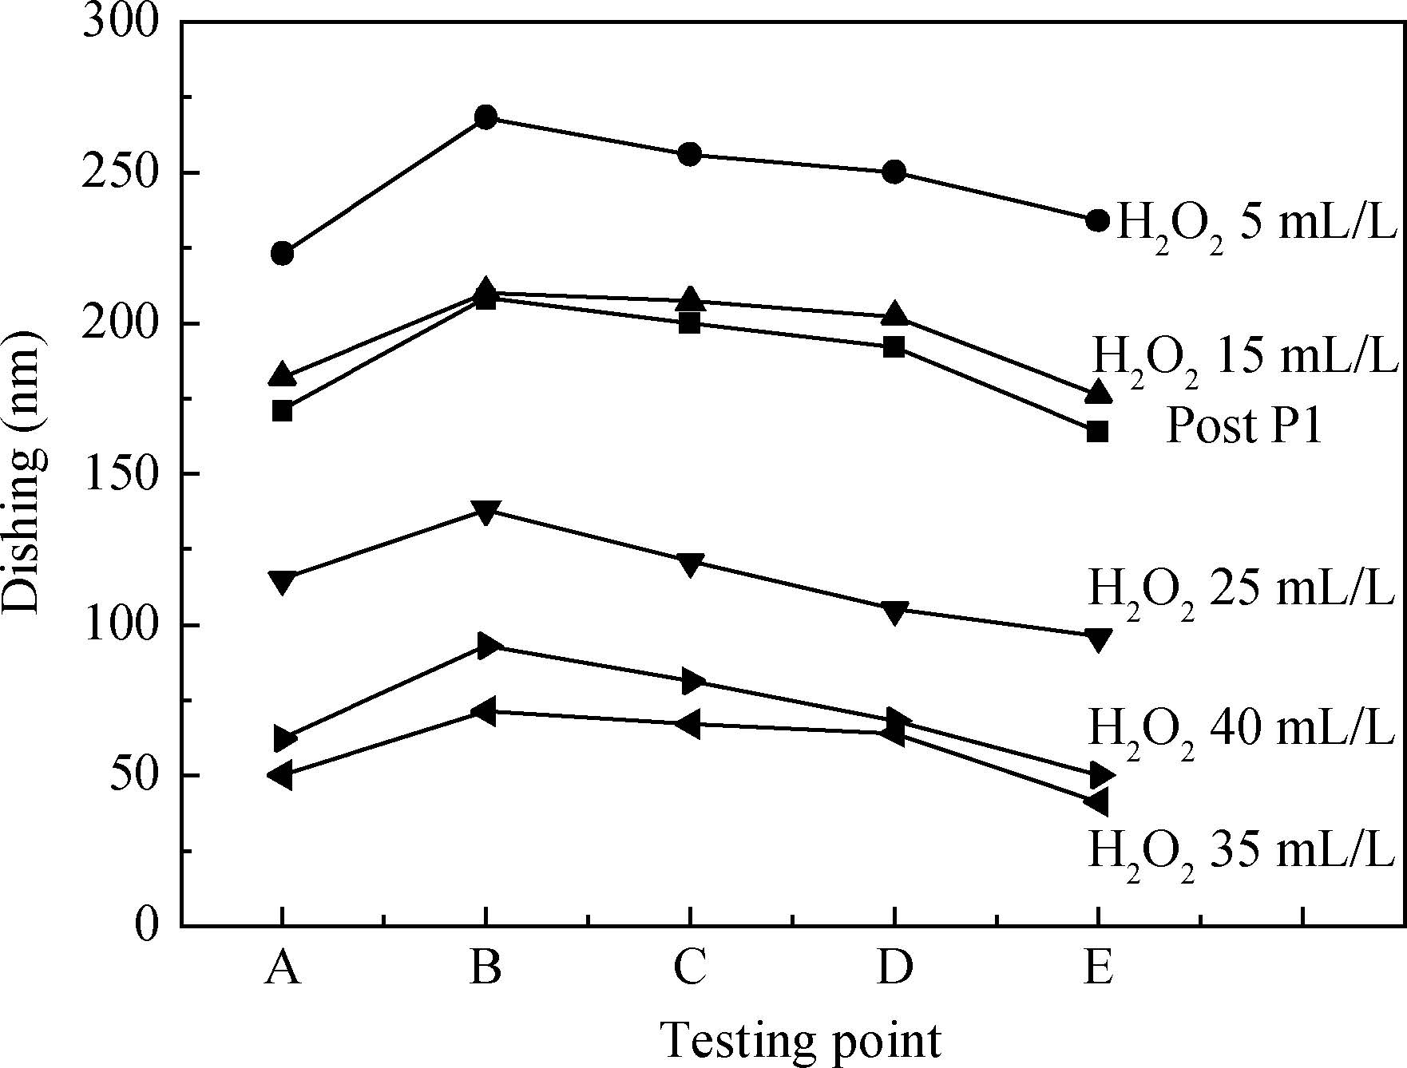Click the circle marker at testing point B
tap(486, 117)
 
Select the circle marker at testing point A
tap(282, 255)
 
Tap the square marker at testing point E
tap(1098, 431)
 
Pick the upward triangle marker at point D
tap(894, 314)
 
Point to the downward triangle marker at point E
tap(1098, 639)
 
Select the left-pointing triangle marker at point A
tap(282, 774)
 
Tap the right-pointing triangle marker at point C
tap(692, 682)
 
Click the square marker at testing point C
tap(690, 323)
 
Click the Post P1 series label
tap(1244, 426)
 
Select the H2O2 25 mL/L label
tap(1241, 591)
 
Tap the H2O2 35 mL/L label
tap(1241, 851)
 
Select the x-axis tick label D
tap(894, 969)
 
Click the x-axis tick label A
tap(282, 969)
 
